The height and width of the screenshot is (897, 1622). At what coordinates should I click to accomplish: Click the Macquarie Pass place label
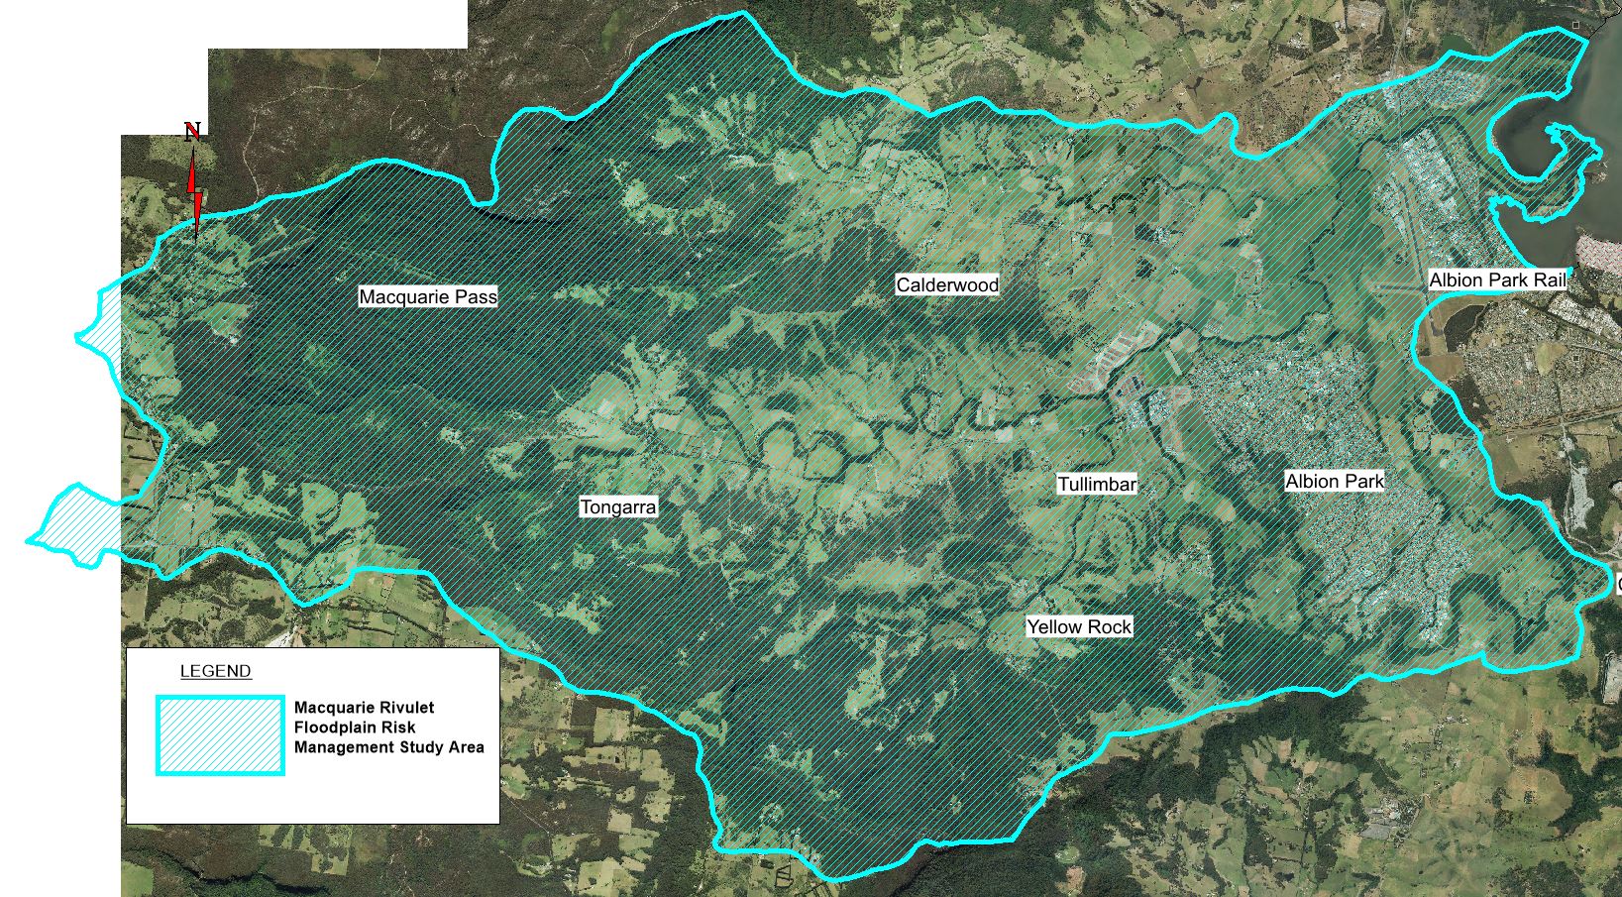(x=427, y=296)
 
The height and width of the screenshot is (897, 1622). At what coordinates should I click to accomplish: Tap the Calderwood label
(x=947, y=284)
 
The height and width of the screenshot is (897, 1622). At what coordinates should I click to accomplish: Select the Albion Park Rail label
(x=1497, y=280)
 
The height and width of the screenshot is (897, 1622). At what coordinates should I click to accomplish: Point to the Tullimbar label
(x=1097, y=485)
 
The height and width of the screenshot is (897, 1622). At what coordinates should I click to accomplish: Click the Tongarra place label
(x=617, y=507)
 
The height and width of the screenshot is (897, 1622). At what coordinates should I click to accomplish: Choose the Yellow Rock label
(x=1078, y=626)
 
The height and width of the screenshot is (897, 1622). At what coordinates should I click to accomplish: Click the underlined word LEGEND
(x=215, y=671)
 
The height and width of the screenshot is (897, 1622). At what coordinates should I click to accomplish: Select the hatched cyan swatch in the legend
(x=220, y=735)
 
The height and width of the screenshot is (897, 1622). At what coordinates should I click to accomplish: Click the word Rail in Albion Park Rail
(x=1547, y=280)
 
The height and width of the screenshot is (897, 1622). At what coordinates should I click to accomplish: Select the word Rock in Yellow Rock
(x=1109, y=626)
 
